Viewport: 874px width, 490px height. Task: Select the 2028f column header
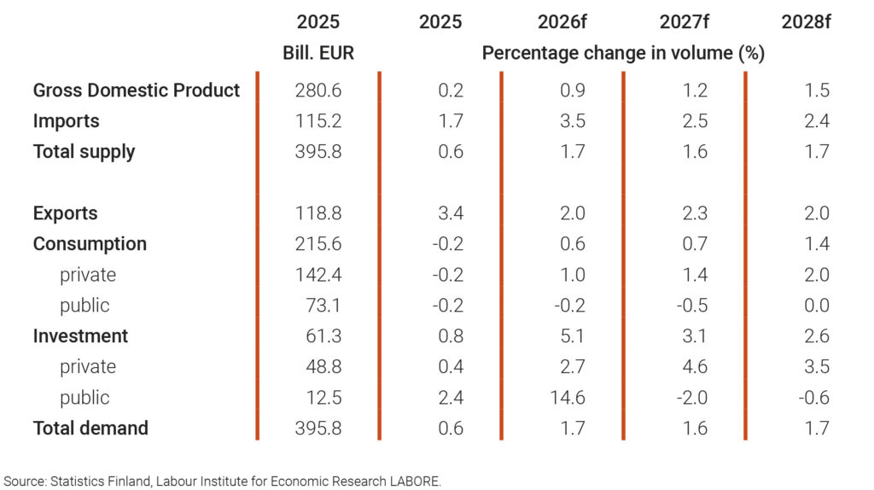[x=806, y=22]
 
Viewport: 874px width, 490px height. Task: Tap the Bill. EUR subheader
[x=318, y=53]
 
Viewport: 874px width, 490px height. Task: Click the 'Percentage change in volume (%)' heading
[x=623, y=53]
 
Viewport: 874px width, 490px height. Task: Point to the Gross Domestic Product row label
[x=137, y=90]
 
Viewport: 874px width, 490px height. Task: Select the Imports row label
[x=67, y=121]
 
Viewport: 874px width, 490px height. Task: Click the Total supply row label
[x=84, y=152]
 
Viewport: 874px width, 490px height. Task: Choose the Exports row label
[x=66, y=213]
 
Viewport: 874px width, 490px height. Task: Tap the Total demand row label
[x=90, y=428]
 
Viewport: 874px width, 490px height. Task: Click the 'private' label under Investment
[x=88, y=367]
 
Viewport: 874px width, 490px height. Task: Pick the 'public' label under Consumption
[x=84, y=306]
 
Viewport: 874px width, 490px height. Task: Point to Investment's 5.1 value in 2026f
[x=574, y=336]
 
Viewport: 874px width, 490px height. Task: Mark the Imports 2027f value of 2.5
[x=696, y=121]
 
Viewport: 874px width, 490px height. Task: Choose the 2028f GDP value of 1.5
[x=817, y=90]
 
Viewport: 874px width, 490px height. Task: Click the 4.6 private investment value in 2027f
[x=696, y=367]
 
